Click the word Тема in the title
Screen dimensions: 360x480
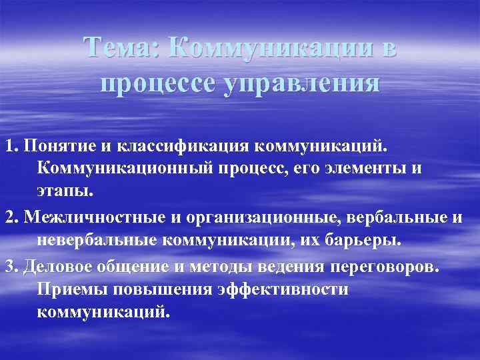[x=121, y=48]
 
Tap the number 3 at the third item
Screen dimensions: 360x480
[x=7, y=267]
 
